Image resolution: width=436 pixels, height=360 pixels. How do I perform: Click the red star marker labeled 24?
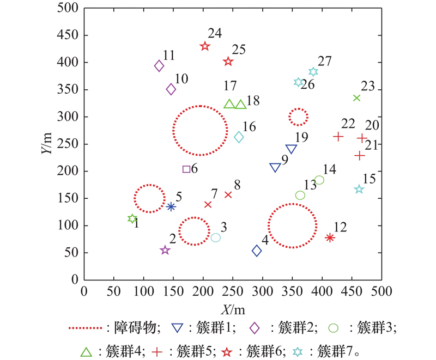[x=205, y=46]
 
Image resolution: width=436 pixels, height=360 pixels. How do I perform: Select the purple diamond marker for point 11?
[x=159, y=66]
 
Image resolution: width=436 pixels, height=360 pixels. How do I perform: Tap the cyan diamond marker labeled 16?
[x=239, y=137]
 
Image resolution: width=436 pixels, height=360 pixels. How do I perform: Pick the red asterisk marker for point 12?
[x=330, y=237]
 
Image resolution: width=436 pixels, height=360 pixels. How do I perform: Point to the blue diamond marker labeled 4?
[x=257, y=251]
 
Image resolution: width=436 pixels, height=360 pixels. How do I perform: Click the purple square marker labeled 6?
[x=186, y=169]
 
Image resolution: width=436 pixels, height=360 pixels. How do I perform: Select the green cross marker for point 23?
[x=357, y=98]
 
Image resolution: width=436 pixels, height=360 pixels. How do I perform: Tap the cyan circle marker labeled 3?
[x=216, y=237]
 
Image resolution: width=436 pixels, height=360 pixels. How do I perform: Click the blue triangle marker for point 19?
[x=292, y=149]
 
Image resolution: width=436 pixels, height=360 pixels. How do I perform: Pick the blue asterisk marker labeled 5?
[x=171, y=206]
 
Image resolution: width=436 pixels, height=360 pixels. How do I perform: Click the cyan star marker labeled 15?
[x=359, y=190]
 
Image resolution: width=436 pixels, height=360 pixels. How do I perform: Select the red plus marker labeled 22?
[x=338, y=136]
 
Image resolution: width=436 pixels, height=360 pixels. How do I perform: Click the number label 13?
[x=310, y=185]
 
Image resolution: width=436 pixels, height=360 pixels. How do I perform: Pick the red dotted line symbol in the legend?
[x=86, y=328]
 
